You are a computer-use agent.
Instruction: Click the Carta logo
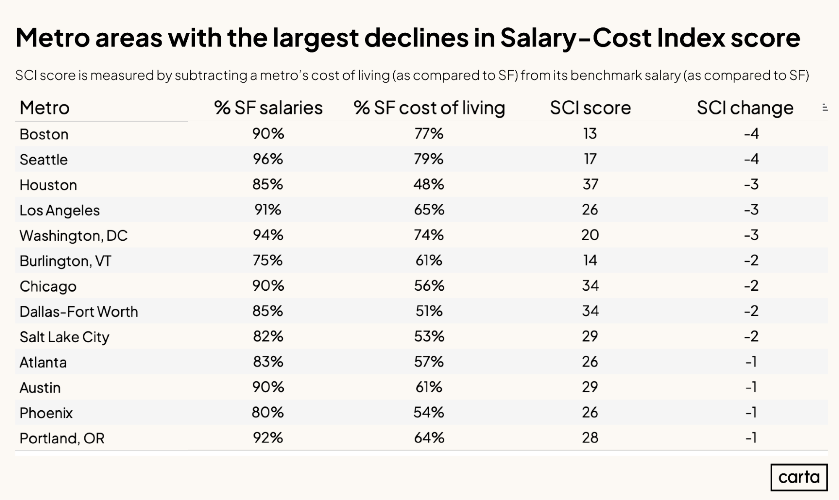click(799, 477)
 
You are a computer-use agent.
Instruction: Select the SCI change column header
click(745, 108)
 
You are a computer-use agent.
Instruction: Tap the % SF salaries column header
click(268, 108)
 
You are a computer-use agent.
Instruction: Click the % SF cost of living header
click(429, 108)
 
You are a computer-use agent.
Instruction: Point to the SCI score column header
click(590, 108)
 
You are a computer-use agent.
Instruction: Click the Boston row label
click(44, 134)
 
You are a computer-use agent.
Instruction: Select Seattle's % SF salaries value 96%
click(268, 159)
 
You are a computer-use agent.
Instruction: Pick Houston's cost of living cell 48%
click(429, 184)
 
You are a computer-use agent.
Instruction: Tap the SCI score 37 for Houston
click(590, 184)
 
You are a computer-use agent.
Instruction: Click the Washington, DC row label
click(73, 235)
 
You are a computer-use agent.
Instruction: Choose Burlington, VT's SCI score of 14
click(590, 260)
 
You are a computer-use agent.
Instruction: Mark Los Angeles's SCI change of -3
click(751, 209)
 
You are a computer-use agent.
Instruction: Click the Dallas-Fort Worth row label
click(79, 312)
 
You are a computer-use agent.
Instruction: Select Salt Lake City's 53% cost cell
click(429, 336)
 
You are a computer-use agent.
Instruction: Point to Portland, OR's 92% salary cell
click(268, 437)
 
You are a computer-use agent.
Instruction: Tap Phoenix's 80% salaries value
click(268, 412)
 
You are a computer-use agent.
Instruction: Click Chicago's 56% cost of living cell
click(429, 286)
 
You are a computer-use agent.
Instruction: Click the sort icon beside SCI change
click(825, 108)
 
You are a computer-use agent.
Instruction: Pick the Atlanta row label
click(43, 362)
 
